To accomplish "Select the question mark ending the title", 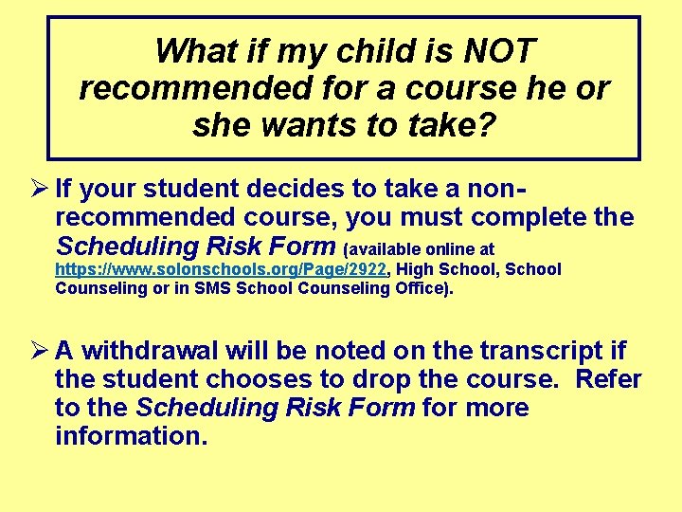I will pyautogui.click(x=486, y=125).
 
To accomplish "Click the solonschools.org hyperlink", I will pyautogui.click(x=221, y=270).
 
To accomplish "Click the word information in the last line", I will pyautogui.click(x=131, y=437).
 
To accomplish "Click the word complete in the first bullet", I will pyautogui.click(x=531, y=217).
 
